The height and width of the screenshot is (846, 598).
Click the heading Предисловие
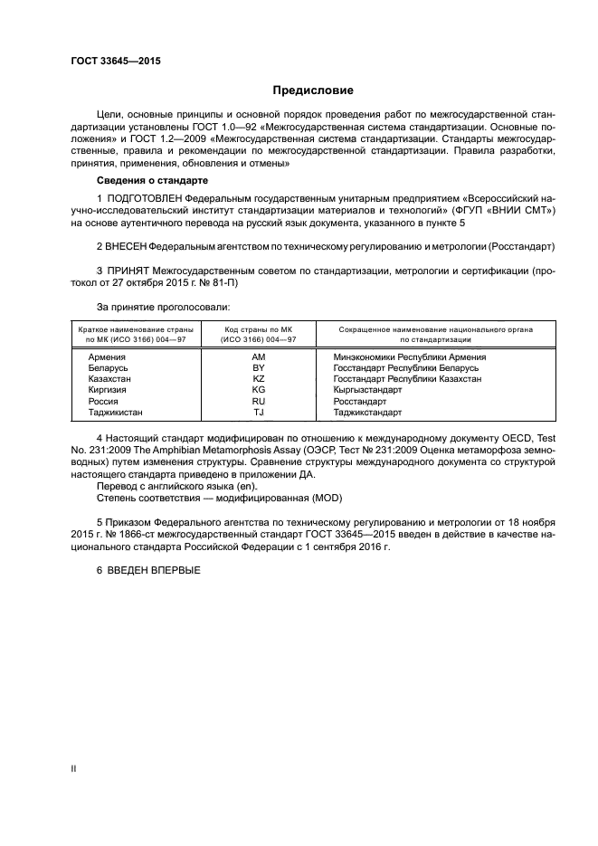click(x=313, y=90)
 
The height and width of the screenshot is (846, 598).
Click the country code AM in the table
click(x=258, y=357)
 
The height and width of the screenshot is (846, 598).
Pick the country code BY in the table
click(x=258, y=368)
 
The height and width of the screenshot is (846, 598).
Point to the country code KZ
click(x=258, y=379)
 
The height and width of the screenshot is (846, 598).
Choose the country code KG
click(x=258, y=390)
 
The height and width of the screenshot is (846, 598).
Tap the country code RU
click(x=258, y=401)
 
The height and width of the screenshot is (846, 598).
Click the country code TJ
click(x=258, y=412)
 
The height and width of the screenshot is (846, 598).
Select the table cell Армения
click(x=107, y=357)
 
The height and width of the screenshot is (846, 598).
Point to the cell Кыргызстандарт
click(x=367, y=390)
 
